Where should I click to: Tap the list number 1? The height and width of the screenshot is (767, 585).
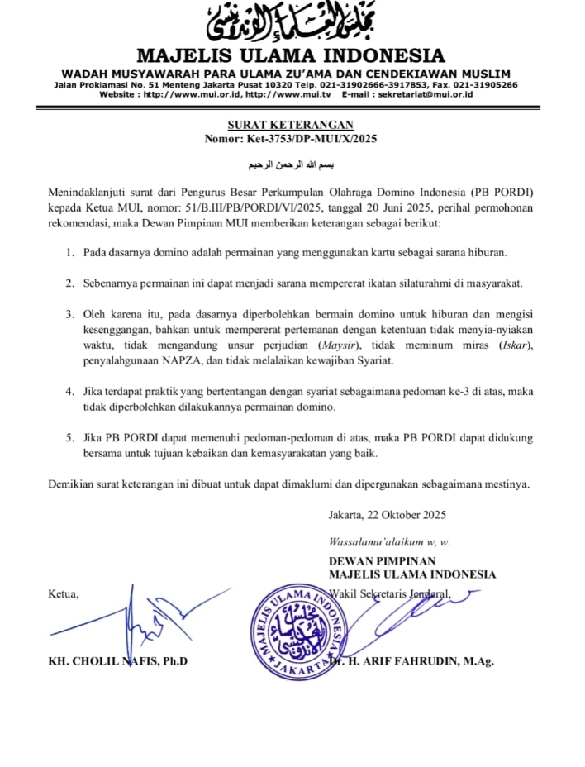pyautogui.click(x=70, y=251)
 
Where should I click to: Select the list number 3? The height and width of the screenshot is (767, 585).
pyautogui.click(x=70, y=315)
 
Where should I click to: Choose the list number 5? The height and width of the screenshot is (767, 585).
pyautogui.click(x=70, y=437)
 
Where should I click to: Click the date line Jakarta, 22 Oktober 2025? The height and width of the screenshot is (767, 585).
pyautogui.click(x=387, y=515)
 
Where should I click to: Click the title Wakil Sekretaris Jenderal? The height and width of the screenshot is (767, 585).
pyautogui.click(x=389, y=593)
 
